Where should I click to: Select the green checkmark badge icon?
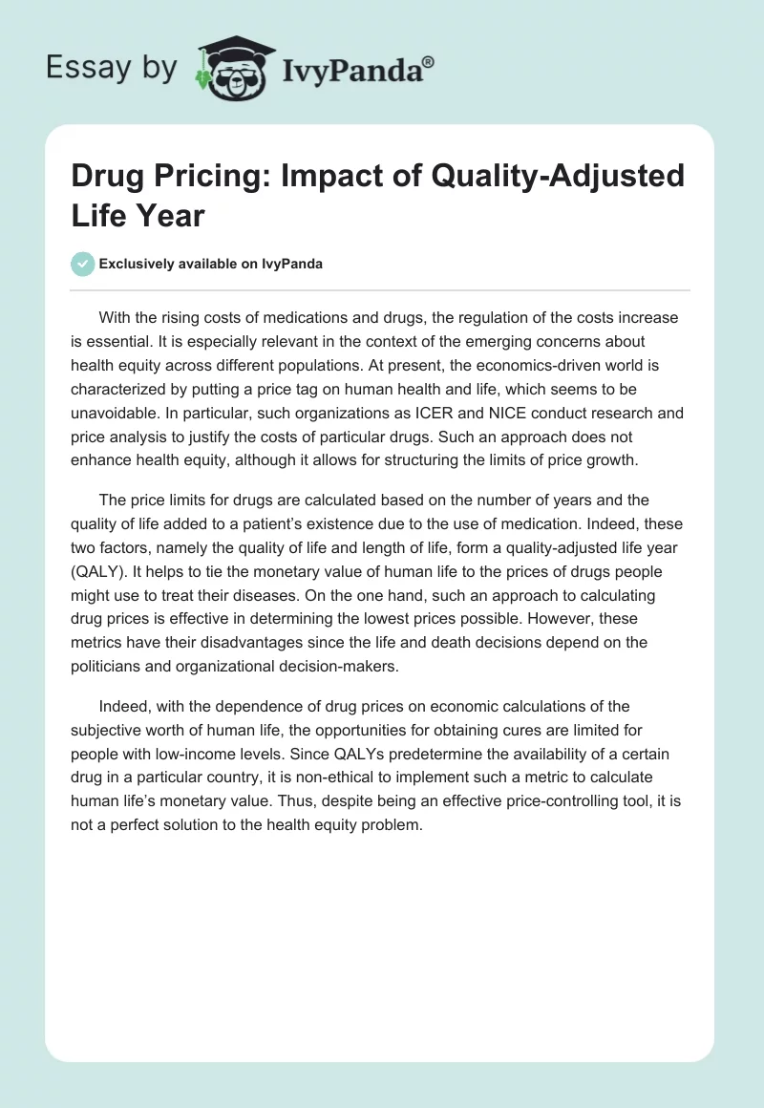pos(83,264)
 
